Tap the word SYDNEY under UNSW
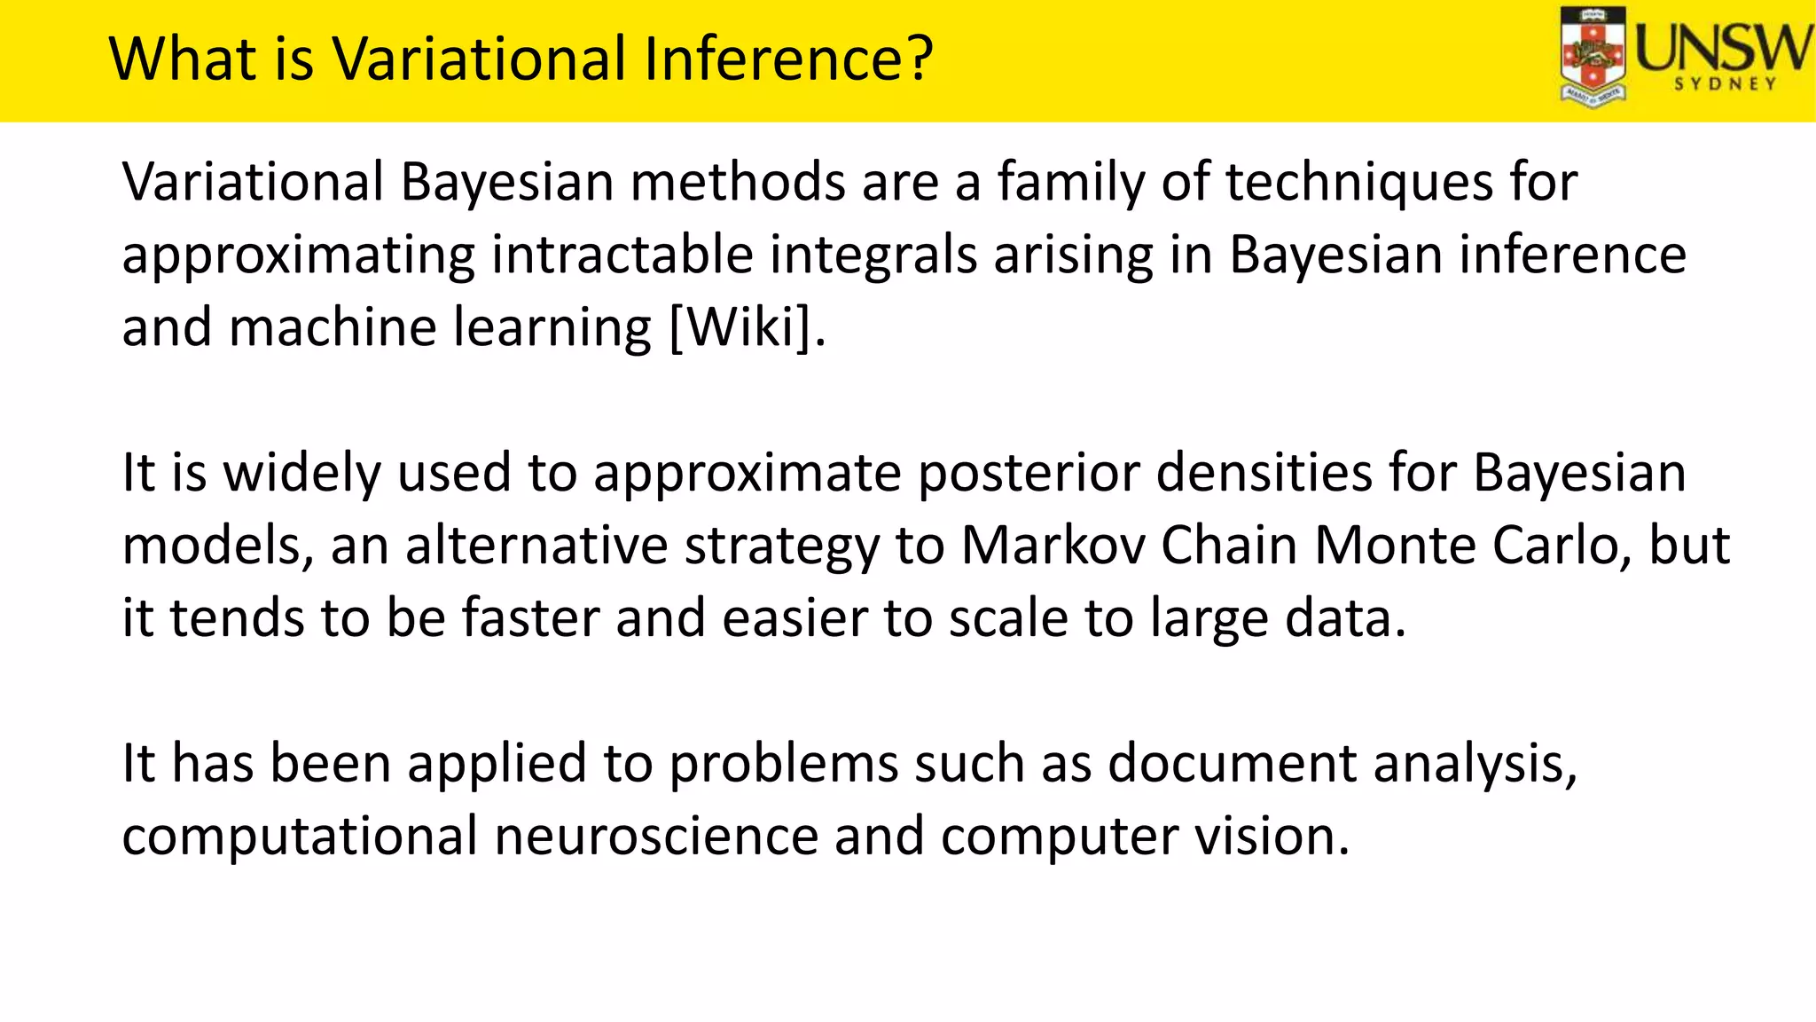tap(1726, 84)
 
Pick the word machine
tap(333, 327)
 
